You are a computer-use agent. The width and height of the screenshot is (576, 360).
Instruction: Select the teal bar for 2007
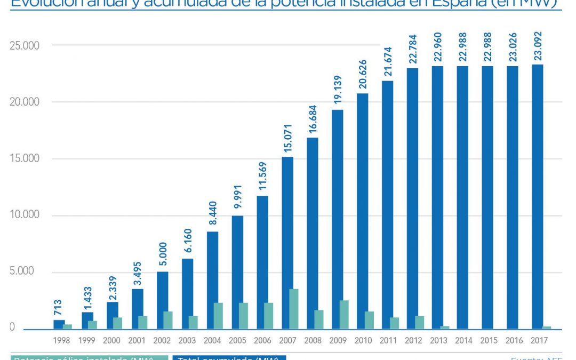point(293,309)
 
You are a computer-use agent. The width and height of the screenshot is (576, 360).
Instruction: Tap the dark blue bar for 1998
point(59,324)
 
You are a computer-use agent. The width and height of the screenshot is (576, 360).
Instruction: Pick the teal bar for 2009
point(343,314)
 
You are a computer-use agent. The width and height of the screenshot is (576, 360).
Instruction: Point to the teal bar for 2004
point(218,316)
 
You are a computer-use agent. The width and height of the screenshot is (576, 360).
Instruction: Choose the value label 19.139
point(338,91)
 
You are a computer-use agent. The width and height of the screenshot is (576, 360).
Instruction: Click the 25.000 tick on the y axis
point(25,46)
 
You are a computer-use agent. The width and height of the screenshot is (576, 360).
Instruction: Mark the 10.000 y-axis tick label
point(25,215)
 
